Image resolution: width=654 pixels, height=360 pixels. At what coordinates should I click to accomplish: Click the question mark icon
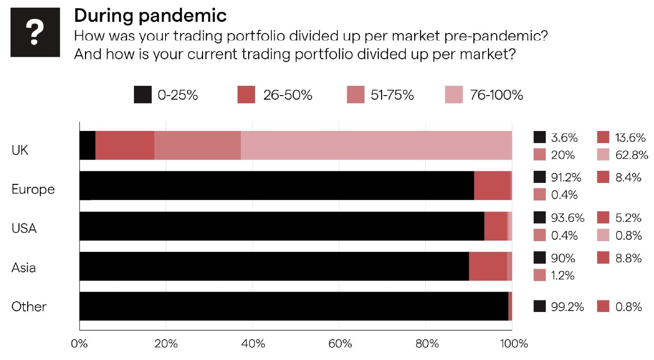[35, 32]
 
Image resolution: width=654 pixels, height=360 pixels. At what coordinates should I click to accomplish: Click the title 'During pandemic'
[150, 16]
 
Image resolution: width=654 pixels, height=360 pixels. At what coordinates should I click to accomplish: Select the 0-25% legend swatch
[143, 95]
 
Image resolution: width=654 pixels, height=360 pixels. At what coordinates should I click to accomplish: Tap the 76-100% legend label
[496, 95]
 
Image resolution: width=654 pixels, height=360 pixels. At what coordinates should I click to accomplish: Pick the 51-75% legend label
[392, 95]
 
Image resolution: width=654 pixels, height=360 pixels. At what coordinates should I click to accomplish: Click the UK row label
[20, 150]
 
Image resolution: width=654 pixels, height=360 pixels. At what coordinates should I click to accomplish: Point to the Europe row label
[33, 189]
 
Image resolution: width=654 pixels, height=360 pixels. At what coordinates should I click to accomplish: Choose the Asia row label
[24, 267]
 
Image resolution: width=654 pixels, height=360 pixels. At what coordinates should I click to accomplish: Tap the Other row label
[29, 307]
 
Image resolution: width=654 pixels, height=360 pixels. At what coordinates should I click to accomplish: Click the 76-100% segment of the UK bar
[376, 146]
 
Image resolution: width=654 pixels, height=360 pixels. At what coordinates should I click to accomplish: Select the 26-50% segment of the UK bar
[125, 146]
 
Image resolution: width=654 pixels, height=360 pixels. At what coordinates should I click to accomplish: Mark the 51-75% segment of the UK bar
[197, 146]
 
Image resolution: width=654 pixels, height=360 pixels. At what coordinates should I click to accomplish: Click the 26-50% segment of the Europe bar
[492, 185]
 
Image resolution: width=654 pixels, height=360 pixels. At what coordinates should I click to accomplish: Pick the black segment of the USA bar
[282, 226]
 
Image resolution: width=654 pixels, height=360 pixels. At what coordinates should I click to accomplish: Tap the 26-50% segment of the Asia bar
[487, 266]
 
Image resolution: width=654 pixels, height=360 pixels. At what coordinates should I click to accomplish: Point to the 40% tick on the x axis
[253, 344]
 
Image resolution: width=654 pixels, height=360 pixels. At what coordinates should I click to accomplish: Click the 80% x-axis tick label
[426, 344]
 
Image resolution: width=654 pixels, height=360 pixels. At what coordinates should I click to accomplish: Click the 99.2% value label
[567, 307]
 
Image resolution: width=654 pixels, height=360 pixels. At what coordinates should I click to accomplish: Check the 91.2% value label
[568, 177]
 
